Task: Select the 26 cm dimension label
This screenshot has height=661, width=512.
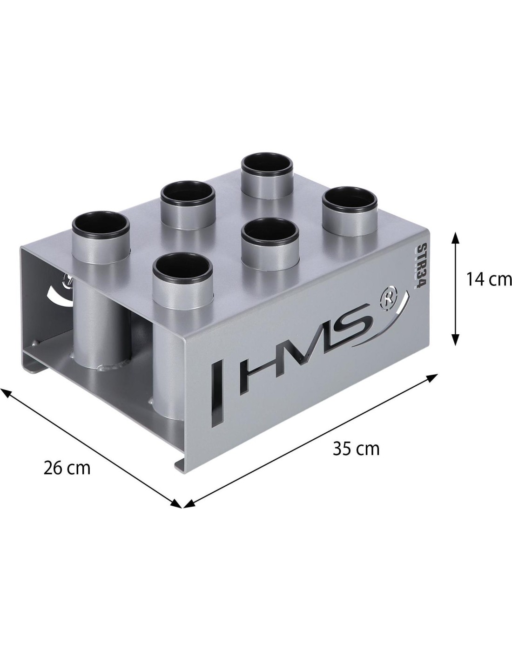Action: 67,468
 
